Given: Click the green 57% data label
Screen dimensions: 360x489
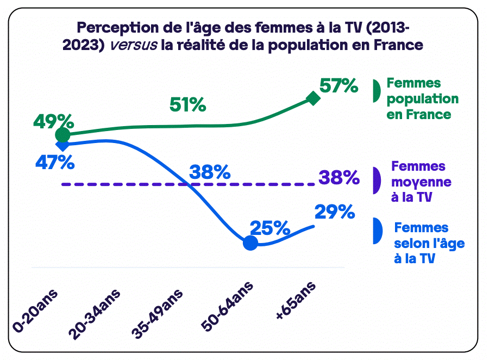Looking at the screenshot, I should [338, 86].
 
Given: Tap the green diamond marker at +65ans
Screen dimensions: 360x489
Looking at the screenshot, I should [314, 98].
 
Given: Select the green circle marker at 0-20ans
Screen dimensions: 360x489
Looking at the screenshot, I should [63, 135].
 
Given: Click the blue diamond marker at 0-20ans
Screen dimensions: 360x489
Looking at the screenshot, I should [63, 145].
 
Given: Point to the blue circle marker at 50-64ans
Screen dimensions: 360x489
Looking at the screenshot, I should [250, 243].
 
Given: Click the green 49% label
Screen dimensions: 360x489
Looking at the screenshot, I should [53, 121].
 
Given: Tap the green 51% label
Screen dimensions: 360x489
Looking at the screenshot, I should [187, 104].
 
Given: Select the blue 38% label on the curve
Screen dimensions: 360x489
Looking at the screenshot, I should [210, 173].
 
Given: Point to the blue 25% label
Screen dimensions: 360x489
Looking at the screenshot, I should [269, 228].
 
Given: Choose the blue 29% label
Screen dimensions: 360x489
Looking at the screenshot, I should [335, 212].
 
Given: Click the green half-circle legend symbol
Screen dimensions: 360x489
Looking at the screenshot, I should [375, 91].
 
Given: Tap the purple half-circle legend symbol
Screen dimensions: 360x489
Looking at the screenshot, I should [375, 181].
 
